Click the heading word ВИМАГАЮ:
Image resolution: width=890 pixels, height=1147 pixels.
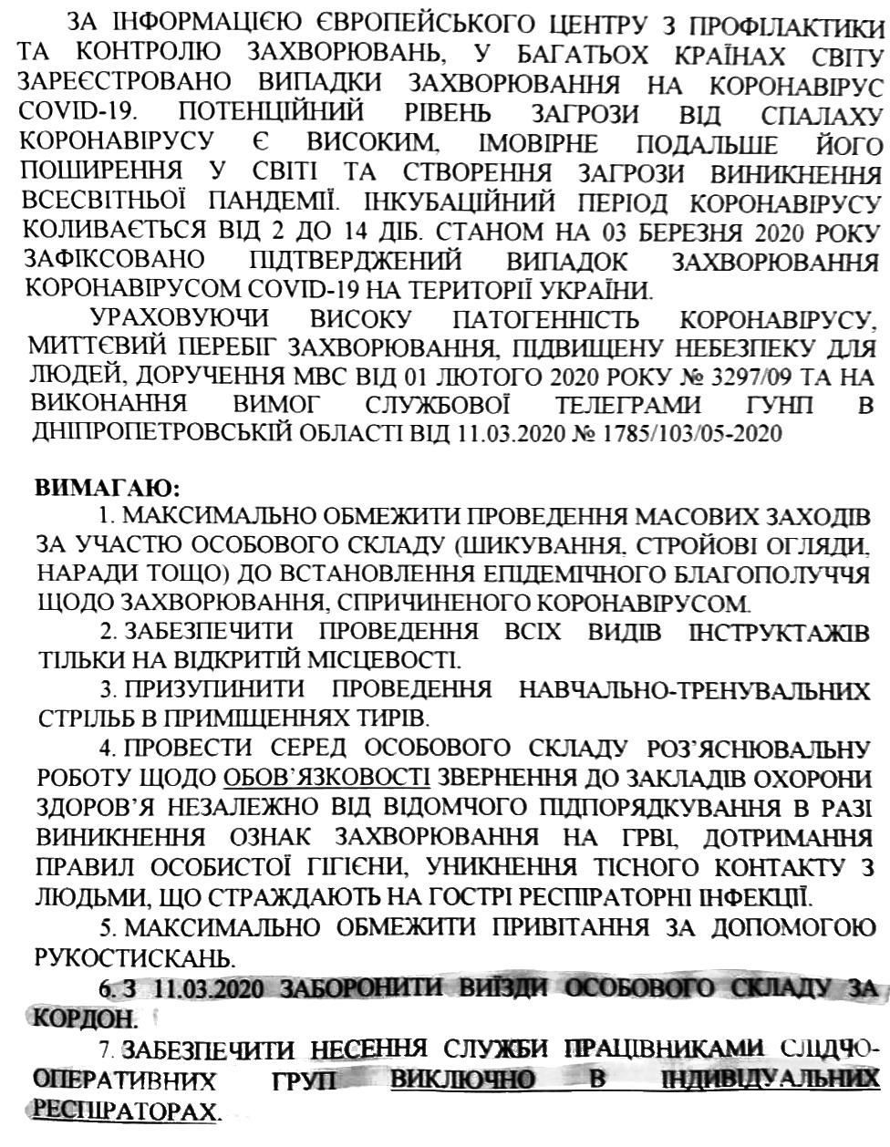[108, 485]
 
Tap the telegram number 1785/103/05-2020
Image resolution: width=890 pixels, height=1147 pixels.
[693, 432]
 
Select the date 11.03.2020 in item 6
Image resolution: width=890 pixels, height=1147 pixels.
[211, 988]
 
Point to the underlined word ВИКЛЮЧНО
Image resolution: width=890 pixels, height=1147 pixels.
[461, 1081]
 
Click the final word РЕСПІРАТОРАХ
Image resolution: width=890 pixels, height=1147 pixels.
[126, 1111]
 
